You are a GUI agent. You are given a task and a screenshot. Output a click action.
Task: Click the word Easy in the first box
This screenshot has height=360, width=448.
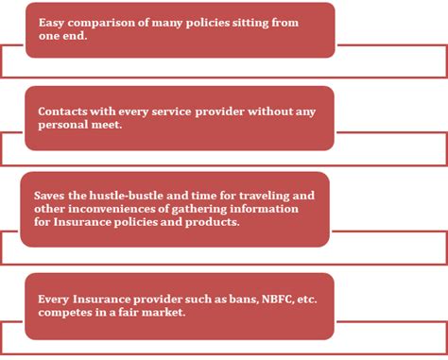[49, 21]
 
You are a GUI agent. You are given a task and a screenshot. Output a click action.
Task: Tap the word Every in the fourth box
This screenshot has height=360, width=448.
[54, 299]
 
